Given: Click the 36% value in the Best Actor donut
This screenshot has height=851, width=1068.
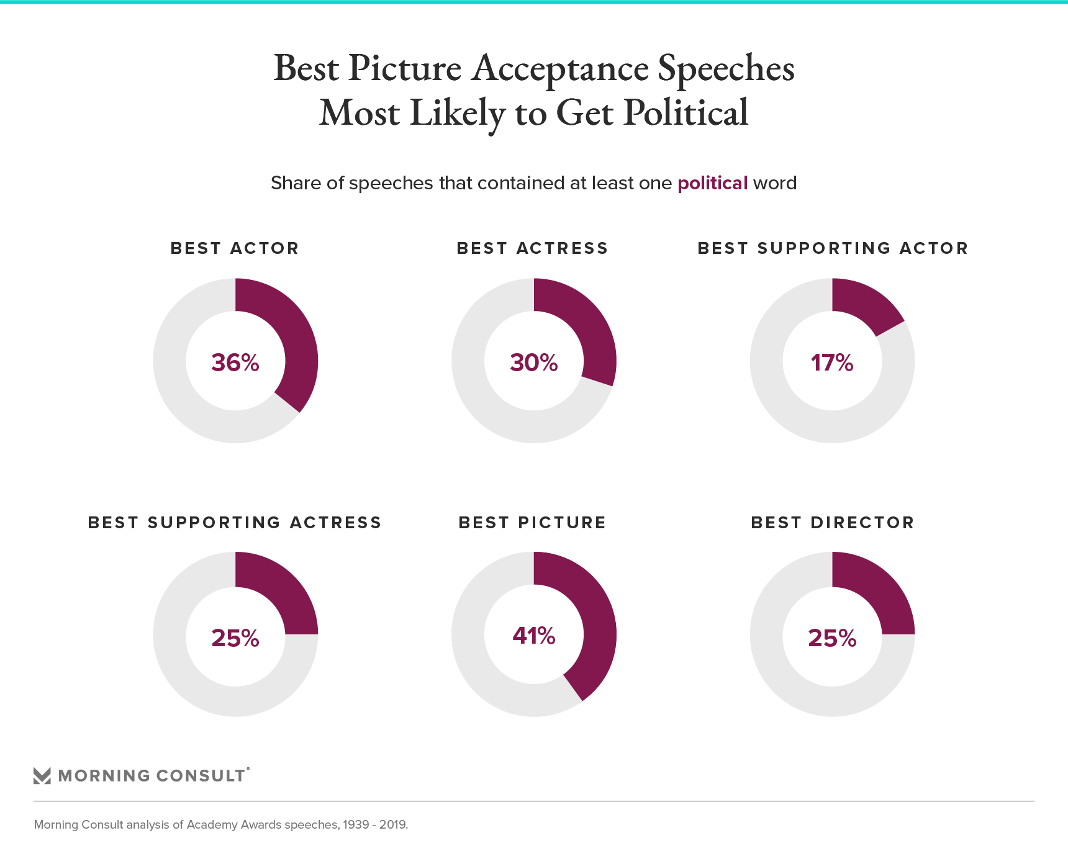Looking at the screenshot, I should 235,362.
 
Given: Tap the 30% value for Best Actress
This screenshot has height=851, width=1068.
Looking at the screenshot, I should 534,362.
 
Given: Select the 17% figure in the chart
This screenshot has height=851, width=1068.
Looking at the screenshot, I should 832,362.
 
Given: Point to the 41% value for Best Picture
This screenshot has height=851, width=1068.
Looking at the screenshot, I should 534,636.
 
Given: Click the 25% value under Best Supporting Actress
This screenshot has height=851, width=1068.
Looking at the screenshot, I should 235,638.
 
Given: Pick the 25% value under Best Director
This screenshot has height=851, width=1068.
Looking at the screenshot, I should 832,638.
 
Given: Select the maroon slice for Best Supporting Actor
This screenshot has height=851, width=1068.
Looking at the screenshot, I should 863,304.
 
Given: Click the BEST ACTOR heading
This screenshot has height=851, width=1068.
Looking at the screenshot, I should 235,248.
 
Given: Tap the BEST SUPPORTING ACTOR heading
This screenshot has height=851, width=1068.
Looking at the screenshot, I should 833,248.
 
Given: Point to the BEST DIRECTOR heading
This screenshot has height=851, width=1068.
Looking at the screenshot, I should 833,523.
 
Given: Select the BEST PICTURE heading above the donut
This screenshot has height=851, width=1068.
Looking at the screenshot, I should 533,523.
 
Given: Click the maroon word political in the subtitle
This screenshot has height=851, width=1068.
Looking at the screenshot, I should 712,183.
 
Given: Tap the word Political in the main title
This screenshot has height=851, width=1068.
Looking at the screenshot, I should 686,113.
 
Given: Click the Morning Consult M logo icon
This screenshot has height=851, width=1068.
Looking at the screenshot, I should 42,776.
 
